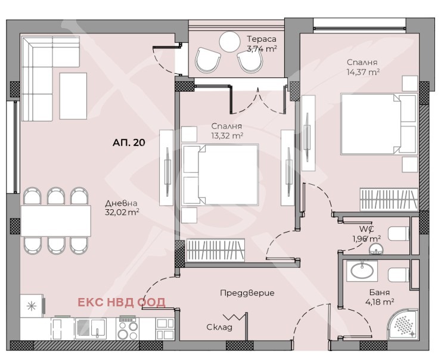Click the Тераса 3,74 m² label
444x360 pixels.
pyautogui.click(x=262, y=44)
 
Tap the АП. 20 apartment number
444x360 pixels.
pyautogui.click(x=129, y=142)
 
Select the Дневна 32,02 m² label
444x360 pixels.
pyautogui.click(x=122, y=207)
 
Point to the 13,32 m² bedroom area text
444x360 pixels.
pyautogui.click(x=227, y=136)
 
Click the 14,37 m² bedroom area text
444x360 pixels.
pyautogui.click(x=363, y=72)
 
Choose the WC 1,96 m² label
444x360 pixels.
pyautogui.click(x=367, y=234)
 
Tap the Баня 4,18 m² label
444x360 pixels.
pyautogui.click(x=380, y=297)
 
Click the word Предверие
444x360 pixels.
pyautogui.click(x=247, y=293)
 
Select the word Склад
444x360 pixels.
pyautogui.click(x=219, y=327)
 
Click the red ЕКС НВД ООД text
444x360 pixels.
pyautogui.click(x=122, y=302)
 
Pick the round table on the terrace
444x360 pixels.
pyautogui.click(x=230, y=42)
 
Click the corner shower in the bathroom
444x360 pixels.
pyautogui.click(x=402, y=324)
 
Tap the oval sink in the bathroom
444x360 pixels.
pyautogui.click(x=362, y=270)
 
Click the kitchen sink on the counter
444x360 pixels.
pyautogui.click(x=91, y=328)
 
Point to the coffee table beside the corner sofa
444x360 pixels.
pyautogui.click(x=73, y=96)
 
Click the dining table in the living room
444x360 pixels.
pyautogui.click(x=56, y=221)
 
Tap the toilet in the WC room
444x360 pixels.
pyautogui.click(x=399, y=234)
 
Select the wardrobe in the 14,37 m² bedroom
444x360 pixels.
pyautogui.click(x=389, y=200)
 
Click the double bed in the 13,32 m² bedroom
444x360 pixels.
pyautogui.click(x=220, y=175)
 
